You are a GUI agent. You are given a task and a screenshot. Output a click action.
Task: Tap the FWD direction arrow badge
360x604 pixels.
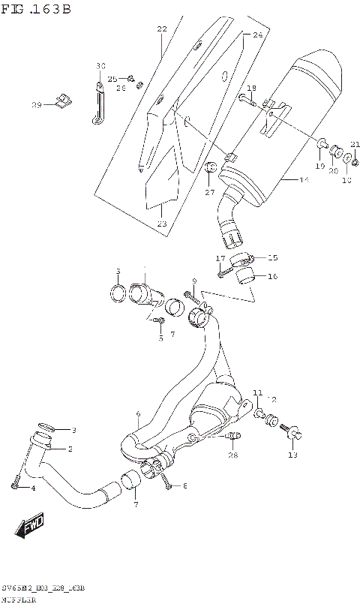(31, 527)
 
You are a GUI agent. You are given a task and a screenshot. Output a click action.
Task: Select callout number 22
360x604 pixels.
(161, 29)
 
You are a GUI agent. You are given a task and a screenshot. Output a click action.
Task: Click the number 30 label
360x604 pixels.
(101, 67)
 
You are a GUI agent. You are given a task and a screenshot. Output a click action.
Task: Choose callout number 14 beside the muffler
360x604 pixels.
(304, 180)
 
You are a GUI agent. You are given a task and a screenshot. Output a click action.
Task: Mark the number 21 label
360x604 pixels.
(355, 145)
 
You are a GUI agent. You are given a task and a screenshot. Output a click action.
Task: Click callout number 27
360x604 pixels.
(210, 192)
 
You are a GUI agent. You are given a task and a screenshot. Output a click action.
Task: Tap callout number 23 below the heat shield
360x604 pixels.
(162, 223)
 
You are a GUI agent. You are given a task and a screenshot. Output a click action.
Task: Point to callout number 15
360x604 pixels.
(272, 257)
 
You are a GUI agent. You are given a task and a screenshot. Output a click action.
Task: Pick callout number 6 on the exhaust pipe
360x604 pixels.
(138, 414)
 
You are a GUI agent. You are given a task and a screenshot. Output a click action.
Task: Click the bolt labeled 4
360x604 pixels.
(14, 483)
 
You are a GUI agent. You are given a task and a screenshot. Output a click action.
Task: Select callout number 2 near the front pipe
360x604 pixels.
(70, 449)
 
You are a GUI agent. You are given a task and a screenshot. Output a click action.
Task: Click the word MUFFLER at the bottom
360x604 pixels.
(19, 599)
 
